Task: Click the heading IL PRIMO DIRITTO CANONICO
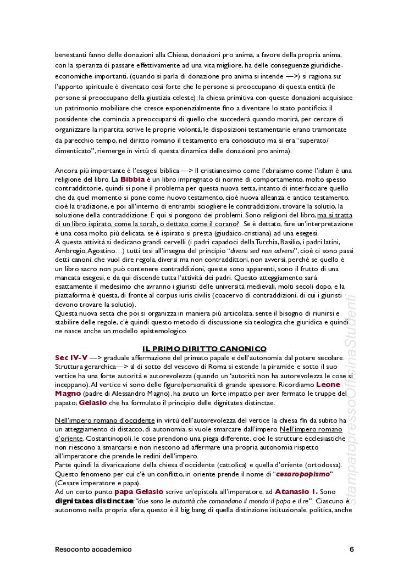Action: (x=204, y=349)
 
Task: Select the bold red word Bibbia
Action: (x=132, y=179)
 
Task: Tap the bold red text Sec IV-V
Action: (x=71, y=357)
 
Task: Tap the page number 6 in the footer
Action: (x=351, y=549)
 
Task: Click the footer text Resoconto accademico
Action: (x=93, y=549)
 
